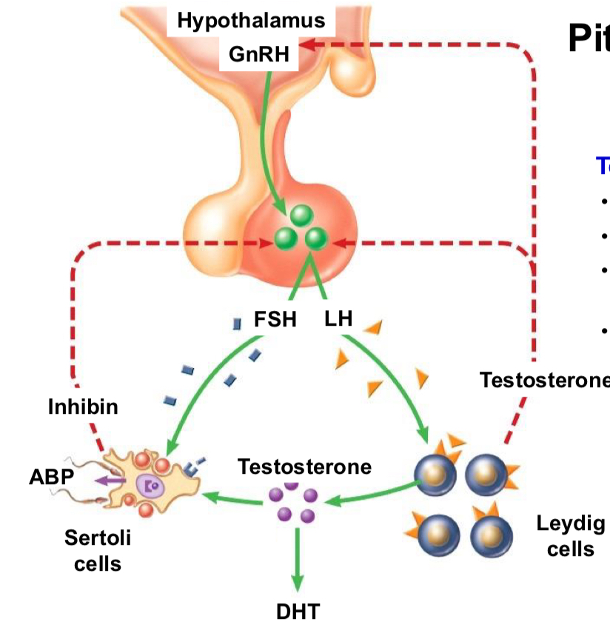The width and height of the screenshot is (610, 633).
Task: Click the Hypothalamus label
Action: pyautogui.click(x=251, y=21)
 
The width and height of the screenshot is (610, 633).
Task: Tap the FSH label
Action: pyautogui.click(x=275, y=320)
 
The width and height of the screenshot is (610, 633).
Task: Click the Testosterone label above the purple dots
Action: pyautogui.click(x=304, y=466)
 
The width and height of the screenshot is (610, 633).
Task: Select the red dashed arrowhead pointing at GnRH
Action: pyautogui.click(x=309, y=46)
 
